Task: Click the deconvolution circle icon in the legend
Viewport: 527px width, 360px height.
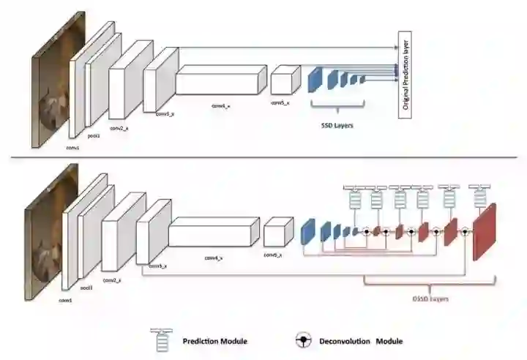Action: pos(300,341)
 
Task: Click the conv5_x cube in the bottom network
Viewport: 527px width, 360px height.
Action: pos(278,233)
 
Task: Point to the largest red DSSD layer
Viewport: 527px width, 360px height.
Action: pos(485,230)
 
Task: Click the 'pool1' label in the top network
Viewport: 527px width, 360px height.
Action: pos(93,135)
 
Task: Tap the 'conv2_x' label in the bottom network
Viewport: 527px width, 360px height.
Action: pos(111,280)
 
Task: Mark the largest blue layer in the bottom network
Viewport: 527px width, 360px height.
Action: pos(307,231)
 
